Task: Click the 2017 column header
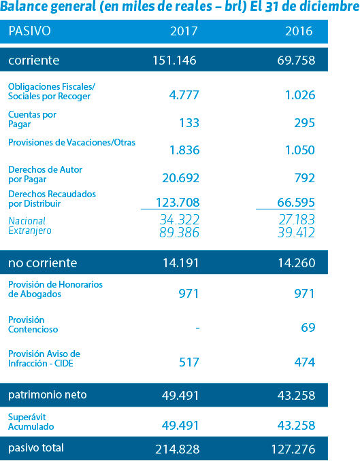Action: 184,31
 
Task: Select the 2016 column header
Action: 299,31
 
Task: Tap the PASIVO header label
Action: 29,31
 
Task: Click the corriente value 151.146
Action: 174,61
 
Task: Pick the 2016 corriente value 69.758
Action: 296,61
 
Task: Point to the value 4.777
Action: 184,95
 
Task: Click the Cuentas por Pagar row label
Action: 32,119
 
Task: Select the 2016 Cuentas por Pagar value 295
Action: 305,123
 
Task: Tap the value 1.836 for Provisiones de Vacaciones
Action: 184,150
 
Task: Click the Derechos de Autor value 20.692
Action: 181,178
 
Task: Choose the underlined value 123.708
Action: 178,202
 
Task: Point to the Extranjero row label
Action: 30,230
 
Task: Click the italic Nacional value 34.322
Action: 180,220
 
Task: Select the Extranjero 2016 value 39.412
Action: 296,233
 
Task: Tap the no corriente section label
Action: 43,262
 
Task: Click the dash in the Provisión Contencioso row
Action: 197,328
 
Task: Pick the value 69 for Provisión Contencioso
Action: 308,328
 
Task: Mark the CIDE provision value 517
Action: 189,362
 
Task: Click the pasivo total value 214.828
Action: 178,449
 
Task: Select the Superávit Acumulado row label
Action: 31,422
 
